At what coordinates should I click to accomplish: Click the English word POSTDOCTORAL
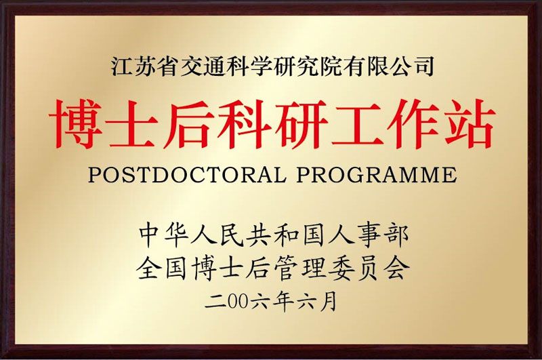(187, 175)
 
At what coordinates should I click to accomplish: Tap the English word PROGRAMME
(377, 175)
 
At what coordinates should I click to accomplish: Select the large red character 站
(467, 123)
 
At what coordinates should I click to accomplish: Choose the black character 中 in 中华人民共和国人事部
(151, 236)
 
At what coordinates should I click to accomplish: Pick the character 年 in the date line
(283, 302)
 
